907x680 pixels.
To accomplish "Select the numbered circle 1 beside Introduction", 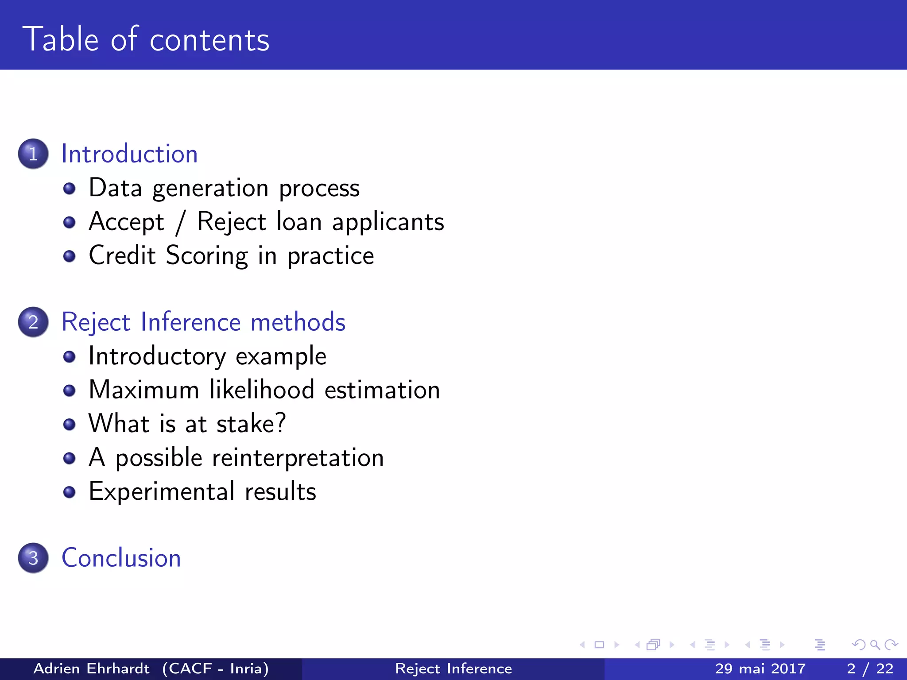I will [x=33, y=154].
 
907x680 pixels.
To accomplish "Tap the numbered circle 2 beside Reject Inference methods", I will [x=33, y=322].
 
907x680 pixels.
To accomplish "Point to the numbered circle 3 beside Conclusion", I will [x=33, y=558].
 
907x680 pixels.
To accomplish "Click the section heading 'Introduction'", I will [x=129, y=154].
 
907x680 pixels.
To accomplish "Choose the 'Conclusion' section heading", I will [x=121, y=558].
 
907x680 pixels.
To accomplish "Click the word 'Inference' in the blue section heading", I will [x=191, y=322].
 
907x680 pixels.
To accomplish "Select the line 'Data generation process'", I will [x=224, y=188].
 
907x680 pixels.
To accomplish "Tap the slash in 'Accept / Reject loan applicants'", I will [x=180, y=223].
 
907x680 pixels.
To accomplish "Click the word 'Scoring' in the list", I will [x=207, y=256].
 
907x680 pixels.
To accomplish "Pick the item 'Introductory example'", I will [x=207, y=356].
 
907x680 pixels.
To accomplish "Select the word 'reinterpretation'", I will [x=298, y=458].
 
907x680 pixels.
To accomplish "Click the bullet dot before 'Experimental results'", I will [x=69, y=492].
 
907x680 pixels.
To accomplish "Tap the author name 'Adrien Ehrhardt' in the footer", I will [x=92, y=668].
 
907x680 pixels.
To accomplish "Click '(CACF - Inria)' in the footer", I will [x=216, y=668].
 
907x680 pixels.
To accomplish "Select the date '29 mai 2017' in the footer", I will [x=760, y=668].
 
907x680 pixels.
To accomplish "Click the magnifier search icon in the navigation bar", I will [x=875, y=645].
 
